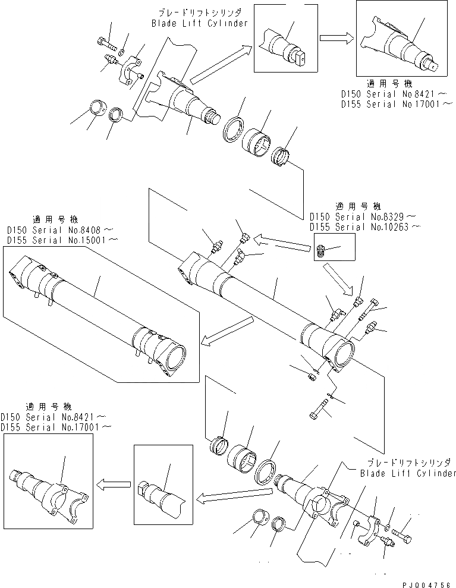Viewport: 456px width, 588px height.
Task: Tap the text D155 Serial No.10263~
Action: tap(365, 227)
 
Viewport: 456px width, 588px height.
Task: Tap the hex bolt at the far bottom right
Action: tap(404, 529)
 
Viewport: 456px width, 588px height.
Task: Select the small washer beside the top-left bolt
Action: tap(121, 49)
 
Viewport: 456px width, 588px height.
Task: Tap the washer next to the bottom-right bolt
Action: tap(388, 527)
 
